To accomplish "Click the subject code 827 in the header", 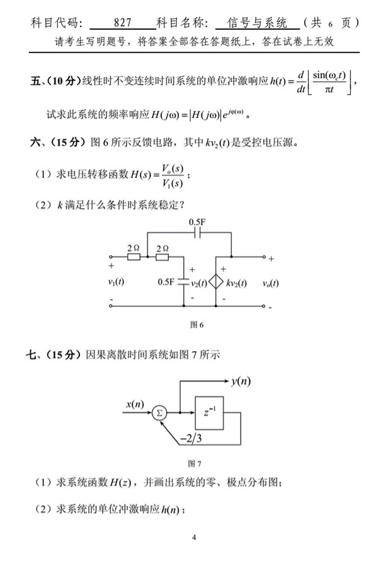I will (123, 23).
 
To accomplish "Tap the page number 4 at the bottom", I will (194, 537).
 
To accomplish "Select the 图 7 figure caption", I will (195, 465).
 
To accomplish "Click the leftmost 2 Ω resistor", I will (134, 257).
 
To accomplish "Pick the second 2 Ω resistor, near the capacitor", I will (163, 257).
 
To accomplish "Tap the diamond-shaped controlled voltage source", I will (216, 282).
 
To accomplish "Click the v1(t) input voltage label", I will (116, 282).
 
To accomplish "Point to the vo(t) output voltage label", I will (272, 282).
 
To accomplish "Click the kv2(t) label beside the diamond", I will (236, 282).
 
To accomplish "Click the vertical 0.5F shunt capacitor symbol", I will (185, 282).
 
